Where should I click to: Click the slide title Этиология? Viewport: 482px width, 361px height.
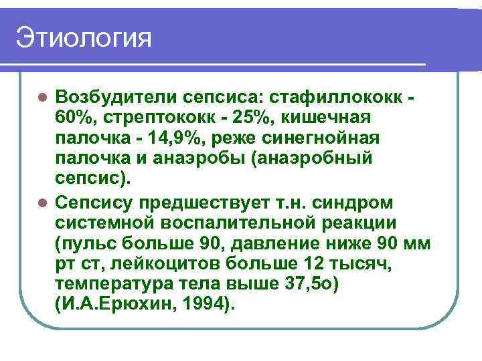85,38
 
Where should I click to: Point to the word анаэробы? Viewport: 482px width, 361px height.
185,159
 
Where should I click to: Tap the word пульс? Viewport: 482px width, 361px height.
88,243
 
